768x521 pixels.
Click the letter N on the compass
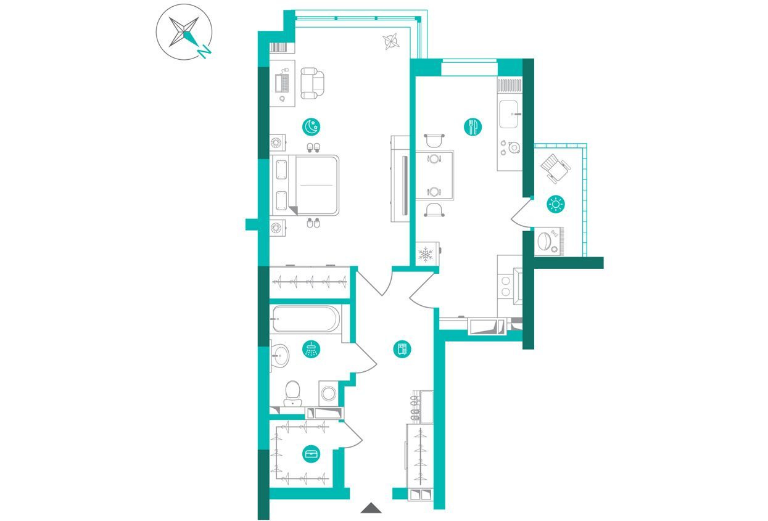(x=204, y=51)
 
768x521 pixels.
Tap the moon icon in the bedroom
(x=312, y=126)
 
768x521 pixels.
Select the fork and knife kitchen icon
(x=473, y=126)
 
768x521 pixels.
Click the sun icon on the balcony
(x=556, y=204)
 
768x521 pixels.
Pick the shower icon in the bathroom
(x=312, y=349)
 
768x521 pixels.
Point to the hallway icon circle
(x=402, y=349)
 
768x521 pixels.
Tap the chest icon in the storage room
(x=312, y=454)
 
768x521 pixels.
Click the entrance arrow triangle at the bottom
(x=371, y=508)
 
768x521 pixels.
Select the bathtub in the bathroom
(x=306, y=319)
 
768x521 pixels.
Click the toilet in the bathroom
(x=292, y=393)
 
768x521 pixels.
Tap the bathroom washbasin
(x=280, y=356)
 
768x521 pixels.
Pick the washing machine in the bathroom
(x=329, y=393)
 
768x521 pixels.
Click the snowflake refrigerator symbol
(x=426, y=254)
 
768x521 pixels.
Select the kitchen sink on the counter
(x=509, y=114)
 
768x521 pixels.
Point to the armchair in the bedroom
(x=312, y=83)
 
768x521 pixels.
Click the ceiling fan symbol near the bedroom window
(x=391, y=41)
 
